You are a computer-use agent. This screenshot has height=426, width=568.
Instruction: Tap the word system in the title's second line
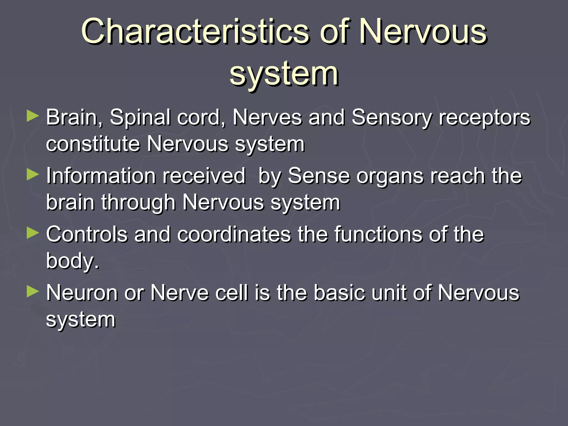[284, 74]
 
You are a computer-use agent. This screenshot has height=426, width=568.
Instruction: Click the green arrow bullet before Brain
[33, 116]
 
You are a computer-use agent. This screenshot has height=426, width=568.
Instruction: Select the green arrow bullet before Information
[33, 175]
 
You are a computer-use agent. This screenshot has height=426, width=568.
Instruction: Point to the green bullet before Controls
[33, 233]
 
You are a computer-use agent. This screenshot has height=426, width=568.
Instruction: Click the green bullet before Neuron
[33, 292]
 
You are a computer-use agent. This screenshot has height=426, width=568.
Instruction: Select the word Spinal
[140, 118]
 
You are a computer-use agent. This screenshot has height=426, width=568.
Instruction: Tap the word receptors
[484, 118]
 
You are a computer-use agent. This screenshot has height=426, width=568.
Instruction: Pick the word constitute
[93, 144]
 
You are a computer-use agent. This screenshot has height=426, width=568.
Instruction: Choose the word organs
[390, 176]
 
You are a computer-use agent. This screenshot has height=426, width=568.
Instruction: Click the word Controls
[87, 235]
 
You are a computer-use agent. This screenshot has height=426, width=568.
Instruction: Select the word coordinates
[234, 235]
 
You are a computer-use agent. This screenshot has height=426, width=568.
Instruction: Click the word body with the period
[73, 261]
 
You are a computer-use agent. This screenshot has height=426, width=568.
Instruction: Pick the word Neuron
[82, 293]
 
